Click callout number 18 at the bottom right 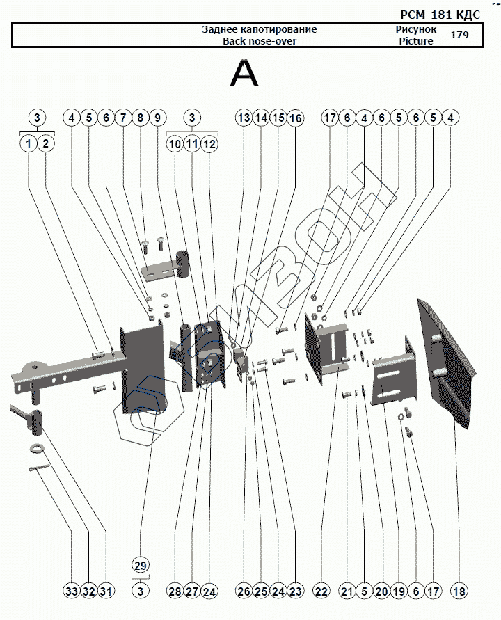(x=459, y=591)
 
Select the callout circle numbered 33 (x=71, y=591)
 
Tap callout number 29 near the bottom (x=141, y=564)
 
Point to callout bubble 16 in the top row (x=295, y=118)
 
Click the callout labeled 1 (x=29, y=144)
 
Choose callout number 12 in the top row (x=209, y=144)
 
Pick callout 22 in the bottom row (x=321, y=591)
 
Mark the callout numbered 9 (x=157, y=118)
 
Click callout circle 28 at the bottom (x=175, y=591)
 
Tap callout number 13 (x=243, y=118)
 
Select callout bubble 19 (x=398, y=591)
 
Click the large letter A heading (x=244, y=73)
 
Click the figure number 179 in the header (x=459, y=35)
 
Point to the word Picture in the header (x=416, y=41)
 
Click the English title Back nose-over (x=260, y=41)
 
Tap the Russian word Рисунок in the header (x=416, y=30)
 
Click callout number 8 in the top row (x=141, y=118)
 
